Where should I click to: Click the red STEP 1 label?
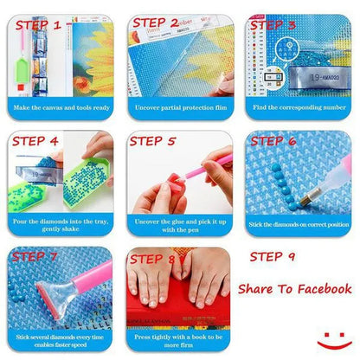click(x=40, y=26)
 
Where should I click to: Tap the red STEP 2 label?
click(x=156, y=22)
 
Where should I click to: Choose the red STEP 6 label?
click(x=275, y=140)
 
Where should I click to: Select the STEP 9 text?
click(x=273, y=257)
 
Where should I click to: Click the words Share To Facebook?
click(x=294, y=289)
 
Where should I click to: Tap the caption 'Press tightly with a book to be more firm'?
click(x=179, y=343)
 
